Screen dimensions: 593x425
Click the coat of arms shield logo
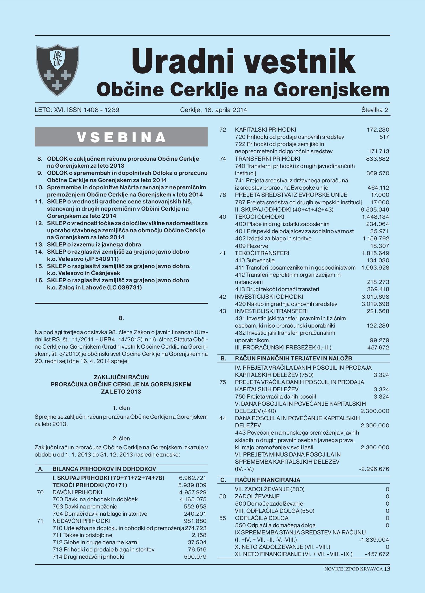click(x=57, y=70)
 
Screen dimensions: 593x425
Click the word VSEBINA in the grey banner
click(x=121, y=137)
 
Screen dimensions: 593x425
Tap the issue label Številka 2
click(x=375, y=110)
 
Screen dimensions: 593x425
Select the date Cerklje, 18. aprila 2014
click(x=213, y=110)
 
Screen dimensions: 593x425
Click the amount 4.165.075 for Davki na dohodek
click(x=193, y=499)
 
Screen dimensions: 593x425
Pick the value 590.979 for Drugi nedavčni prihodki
click(x=195, y=557)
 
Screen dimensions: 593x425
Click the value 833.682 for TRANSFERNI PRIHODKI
click(x=378, y=159)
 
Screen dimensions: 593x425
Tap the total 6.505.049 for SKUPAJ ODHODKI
click(x=375, y=209)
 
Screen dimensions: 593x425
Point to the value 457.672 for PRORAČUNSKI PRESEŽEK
click(x=378, y=347)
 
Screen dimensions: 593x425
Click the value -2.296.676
click(x=374, y=469)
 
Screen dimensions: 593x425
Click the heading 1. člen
click(x=121, y=408)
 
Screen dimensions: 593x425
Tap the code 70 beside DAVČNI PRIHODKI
click(x=40, y=492)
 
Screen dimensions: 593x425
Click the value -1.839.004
click(x=374, y=540)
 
